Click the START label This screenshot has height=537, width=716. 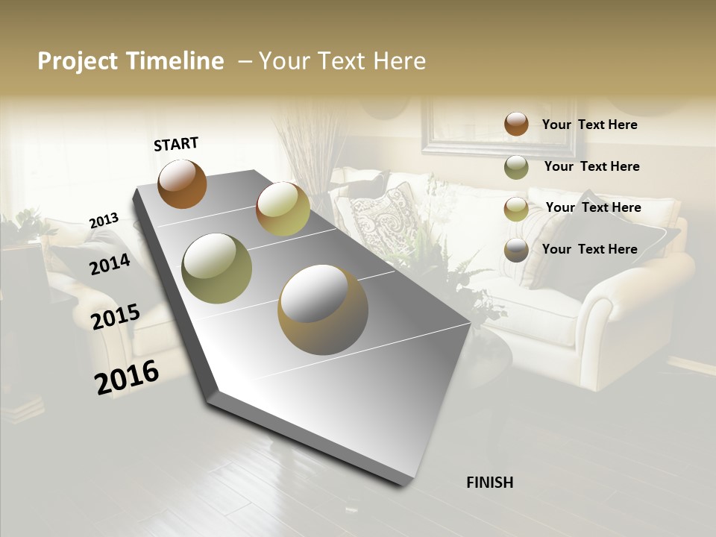coord(176,144)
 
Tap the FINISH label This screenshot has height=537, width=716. coord(490,483)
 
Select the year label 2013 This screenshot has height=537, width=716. coord(104,220)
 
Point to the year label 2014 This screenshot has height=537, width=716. coord(110,264)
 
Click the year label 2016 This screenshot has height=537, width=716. coord(127,377)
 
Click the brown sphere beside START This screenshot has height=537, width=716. coord(182,183)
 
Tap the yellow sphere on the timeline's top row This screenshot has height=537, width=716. coord(283,209)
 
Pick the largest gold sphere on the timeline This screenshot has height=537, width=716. coord(323,309)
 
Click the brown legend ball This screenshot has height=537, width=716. coord(516,124)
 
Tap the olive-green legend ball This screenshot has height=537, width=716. coord(516,167)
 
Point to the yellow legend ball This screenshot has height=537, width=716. coord(516,209)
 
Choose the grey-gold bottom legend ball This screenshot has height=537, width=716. coord(516,251)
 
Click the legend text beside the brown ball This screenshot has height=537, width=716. coord(589,125)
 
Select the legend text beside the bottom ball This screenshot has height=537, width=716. coord(589,249)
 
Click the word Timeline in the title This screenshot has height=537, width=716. coord(175,61)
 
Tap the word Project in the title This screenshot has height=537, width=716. coord(78,62)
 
